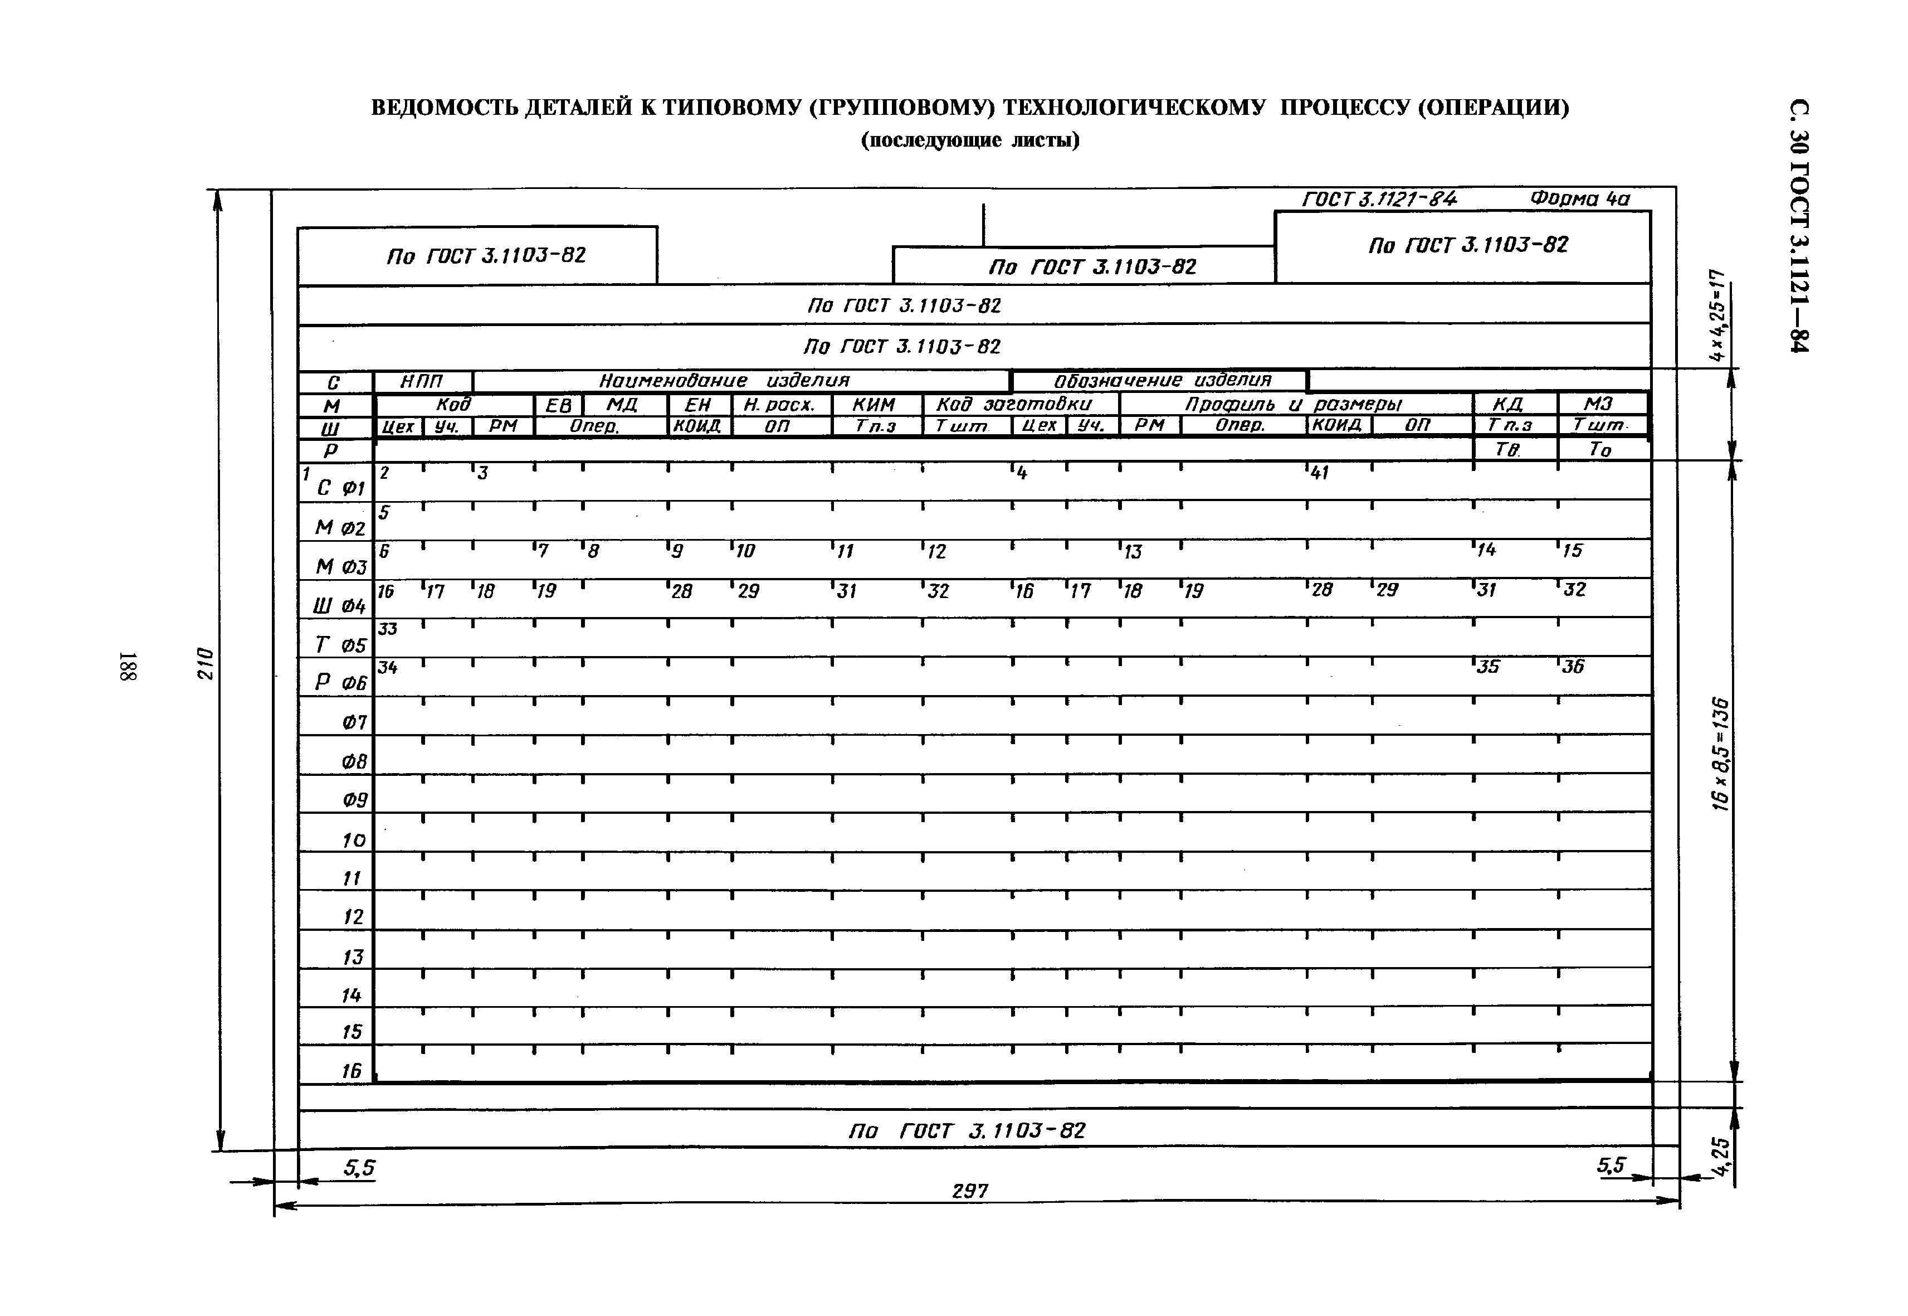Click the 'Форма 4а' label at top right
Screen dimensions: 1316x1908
pos(1579,199)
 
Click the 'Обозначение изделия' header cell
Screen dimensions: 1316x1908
pos(1162,381)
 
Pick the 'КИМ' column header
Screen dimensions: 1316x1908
pos(873,405)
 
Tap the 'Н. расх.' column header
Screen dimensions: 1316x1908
pos(778,405)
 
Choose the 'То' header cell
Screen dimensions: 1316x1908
pos(1599,449)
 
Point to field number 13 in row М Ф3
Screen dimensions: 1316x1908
pos(1133,552)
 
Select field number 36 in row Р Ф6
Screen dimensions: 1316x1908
pos(1573,667)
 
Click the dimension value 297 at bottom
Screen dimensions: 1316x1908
pos(969,1191)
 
